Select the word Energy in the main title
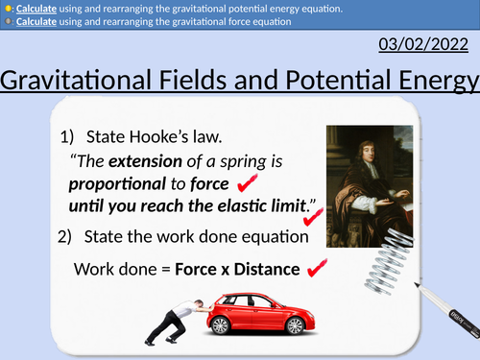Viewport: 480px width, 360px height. point(431,84)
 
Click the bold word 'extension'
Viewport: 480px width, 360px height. point(145,159)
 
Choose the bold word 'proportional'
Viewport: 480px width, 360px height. point(119,182)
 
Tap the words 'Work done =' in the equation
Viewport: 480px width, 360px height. point(122,270)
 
